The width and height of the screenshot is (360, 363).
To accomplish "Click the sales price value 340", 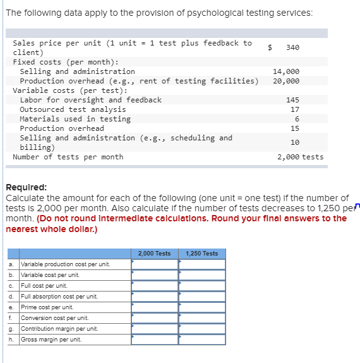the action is point(292,47).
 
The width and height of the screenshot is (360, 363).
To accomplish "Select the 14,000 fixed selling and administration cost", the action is point(286,71).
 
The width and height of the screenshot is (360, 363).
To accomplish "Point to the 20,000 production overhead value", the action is point(286,81).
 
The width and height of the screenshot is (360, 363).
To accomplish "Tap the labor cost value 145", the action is point(292,100).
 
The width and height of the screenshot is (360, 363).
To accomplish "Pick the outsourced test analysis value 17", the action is point(294,109).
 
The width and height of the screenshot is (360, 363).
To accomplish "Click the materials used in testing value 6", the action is point(296,119).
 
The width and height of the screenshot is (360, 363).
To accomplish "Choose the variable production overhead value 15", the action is point(294,128).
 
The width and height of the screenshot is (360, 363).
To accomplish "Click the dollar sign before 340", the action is point(270,47).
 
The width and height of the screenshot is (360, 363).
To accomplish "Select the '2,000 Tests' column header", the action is point(154,254).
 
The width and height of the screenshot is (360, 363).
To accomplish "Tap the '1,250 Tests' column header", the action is point(202,254).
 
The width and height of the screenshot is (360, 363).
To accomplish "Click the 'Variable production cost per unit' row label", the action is point(65,264).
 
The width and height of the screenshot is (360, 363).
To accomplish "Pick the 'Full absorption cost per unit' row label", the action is point(59,297).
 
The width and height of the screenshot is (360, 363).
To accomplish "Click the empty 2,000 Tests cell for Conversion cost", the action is point(155,318).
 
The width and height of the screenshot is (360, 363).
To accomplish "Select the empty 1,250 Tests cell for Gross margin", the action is point(202,340).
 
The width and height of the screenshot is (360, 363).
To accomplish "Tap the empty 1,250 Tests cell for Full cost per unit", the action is point(202,286).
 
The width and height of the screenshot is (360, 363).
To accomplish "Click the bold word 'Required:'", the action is point(24,188).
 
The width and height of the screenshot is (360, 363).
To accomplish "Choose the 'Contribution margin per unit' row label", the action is point(59,329).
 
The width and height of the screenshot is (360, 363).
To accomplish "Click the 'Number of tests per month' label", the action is point(68,157).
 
